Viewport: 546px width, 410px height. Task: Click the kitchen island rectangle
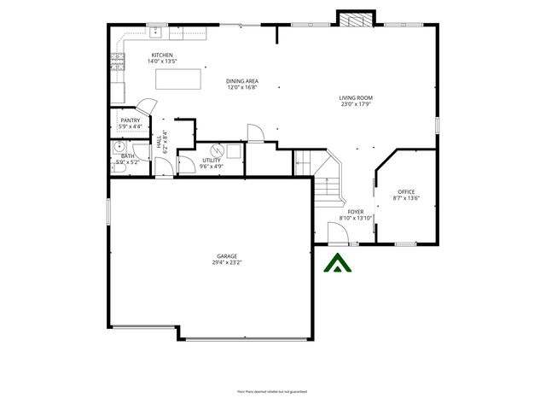click(x=179, y=79)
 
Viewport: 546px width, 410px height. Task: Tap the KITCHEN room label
click(x=161, y=56)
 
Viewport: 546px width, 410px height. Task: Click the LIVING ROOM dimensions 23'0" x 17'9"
click(x=356, y=105)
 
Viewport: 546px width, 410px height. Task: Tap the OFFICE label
click(x=405, y=191)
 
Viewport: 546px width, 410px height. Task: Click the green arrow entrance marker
click(x=339, y=264)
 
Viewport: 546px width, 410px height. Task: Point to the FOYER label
click(x=356, y=211)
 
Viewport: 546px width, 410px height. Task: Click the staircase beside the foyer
click(x=325, y=184)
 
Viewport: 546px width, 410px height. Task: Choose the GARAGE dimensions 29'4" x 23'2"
click(x=227, y=262)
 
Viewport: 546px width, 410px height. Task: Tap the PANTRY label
click(x=131, y=120)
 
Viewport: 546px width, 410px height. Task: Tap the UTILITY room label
click(x=212, y=160)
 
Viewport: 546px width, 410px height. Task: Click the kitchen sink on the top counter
click(x=158, y=32)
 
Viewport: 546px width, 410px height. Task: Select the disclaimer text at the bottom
click(x=272, y=391)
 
